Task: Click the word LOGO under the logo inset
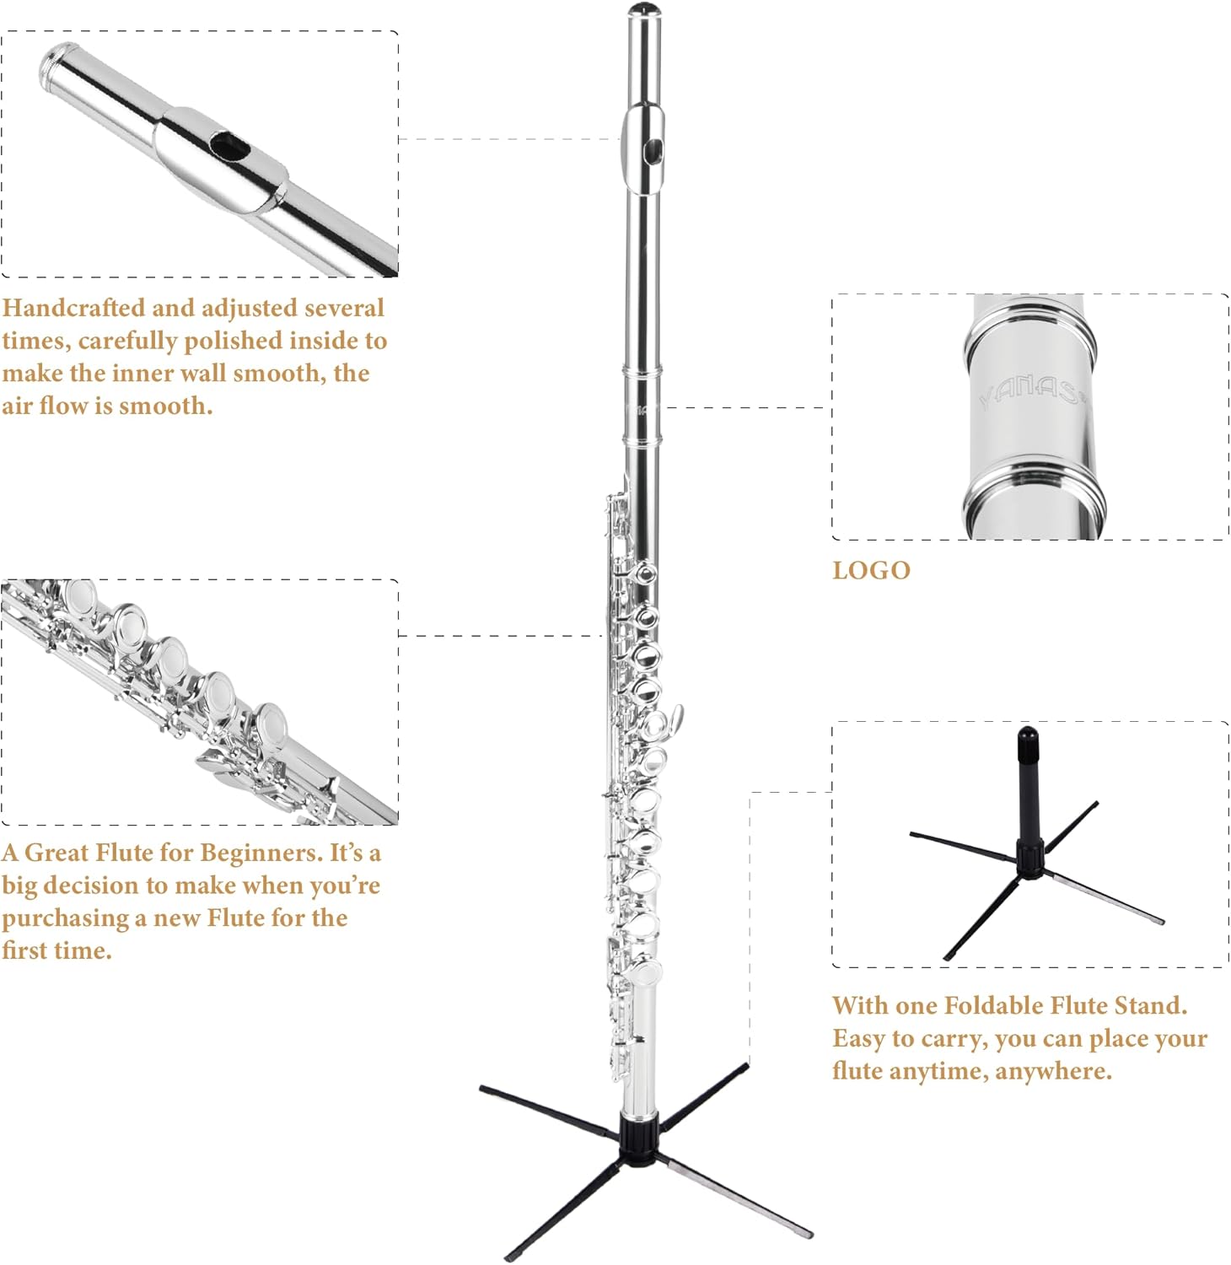871,570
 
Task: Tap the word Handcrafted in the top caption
73,308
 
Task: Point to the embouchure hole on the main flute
653,151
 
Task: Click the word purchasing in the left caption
65,918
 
